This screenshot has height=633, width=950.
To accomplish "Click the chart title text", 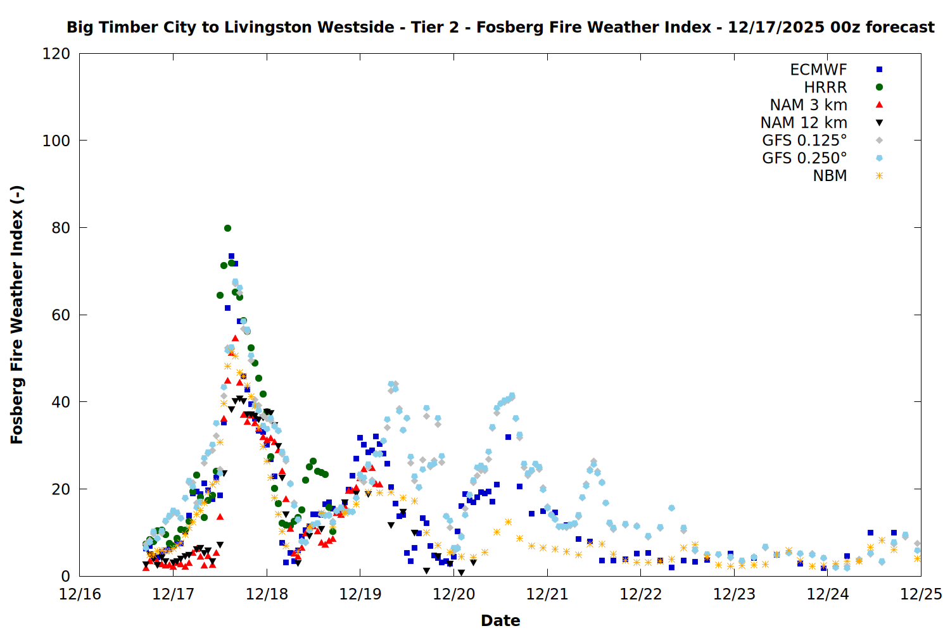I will point(500,27).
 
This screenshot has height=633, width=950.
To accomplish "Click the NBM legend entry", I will point(830,176).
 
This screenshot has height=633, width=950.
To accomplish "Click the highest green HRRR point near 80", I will point(227,228).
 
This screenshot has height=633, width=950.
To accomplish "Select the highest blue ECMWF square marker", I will point(231,256).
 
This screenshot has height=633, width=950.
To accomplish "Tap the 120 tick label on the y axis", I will point(56,54).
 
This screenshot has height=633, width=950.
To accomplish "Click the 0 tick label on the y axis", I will point(65,576).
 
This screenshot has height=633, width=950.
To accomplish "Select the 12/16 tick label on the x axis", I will point(80,594).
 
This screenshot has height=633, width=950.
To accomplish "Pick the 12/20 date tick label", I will point(454,594).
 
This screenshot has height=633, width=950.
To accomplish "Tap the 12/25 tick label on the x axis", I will point(921,594).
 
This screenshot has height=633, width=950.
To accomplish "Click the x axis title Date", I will point(500,620).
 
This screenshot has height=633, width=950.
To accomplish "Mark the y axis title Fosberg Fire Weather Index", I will point(17,315).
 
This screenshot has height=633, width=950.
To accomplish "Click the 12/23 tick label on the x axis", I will point(735,594).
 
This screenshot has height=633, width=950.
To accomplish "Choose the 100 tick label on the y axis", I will point(56,141).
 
